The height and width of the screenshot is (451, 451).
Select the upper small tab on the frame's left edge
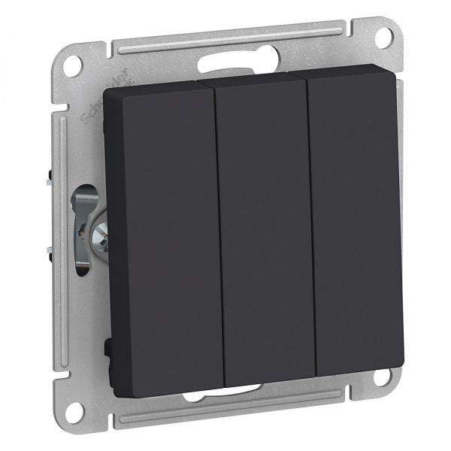point(48,180)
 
